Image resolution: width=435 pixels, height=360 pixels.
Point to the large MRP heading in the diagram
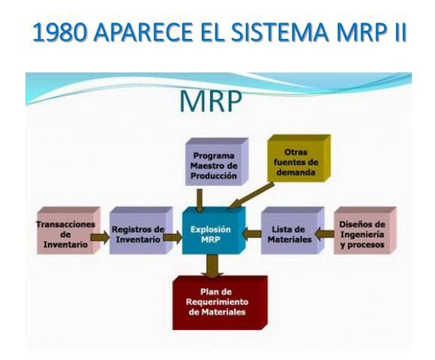click(211, 102)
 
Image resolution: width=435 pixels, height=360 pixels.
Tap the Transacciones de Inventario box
click(66, 233)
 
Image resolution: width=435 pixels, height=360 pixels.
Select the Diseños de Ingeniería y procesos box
click(362, 233)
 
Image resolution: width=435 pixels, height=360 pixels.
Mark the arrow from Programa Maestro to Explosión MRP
click(199, 199)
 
